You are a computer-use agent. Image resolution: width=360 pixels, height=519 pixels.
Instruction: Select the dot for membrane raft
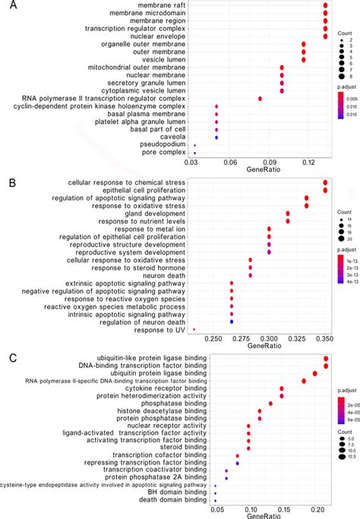click(325, 6)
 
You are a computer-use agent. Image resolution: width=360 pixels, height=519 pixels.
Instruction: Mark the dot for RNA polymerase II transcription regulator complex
click(261, 99)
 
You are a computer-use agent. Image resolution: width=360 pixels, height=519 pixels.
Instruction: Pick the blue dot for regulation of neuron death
click(232, 322)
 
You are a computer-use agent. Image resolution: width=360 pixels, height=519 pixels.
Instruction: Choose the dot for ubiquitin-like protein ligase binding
click(326, 359)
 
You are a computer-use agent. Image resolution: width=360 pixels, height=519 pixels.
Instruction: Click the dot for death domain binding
click(216, 501)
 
